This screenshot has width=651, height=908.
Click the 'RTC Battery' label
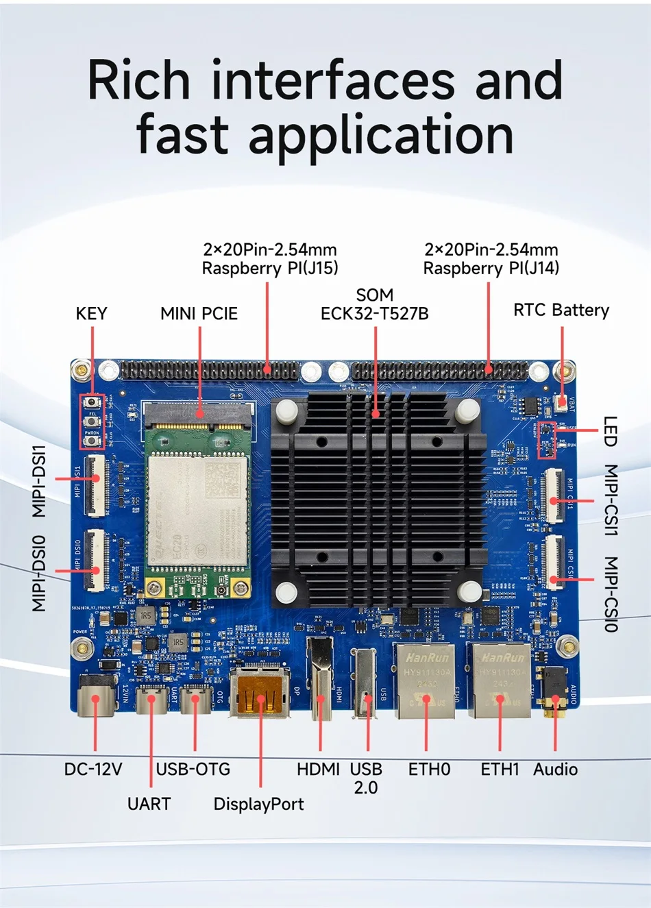tap(561, 310)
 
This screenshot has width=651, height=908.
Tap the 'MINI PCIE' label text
tap(199, 314)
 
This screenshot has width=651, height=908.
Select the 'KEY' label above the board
tap(91, 314)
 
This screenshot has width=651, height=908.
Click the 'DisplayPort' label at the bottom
tap(258, 804)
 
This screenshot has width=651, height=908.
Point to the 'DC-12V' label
tap(93, 770)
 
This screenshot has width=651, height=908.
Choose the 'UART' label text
tap(149, 804)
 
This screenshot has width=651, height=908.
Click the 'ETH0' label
tap(429, 770)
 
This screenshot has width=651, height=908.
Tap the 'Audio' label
tap(555, 770)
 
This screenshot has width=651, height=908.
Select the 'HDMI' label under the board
tap(318, 770)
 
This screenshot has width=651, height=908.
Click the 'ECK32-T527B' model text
tap(374, 314)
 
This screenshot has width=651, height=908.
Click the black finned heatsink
tap(376, 500)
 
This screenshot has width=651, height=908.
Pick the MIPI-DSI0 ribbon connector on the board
tap(94, 560)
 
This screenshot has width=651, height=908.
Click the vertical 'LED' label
tap(610, 432)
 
